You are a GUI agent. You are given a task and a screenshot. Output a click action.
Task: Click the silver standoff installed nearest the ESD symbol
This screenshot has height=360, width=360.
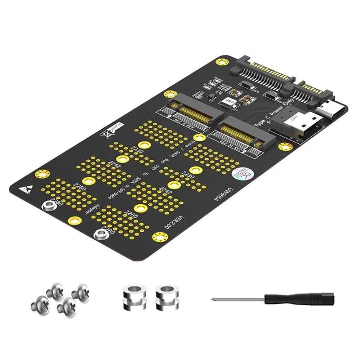tap(48, 205)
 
